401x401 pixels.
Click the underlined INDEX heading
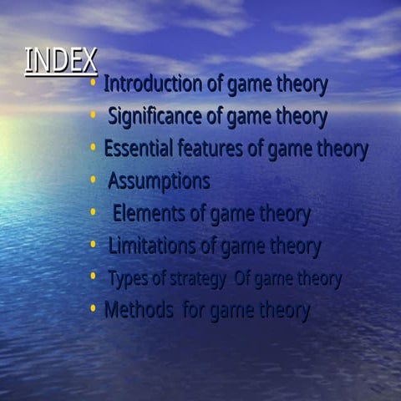pos(61,61)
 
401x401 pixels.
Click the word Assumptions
pos(159,180)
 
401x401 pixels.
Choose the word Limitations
pos(155,246)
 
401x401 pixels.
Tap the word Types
pos(127,279)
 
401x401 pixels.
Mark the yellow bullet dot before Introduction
pos(94,84)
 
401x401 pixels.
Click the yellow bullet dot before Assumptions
pos(94,180)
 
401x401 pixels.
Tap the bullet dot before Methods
pos(94,309)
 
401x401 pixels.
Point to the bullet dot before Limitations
pos(94,245)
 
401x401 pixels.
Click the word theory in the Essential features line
pos(338,149)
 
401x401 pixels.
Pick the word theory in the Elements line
pos(282,214)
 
